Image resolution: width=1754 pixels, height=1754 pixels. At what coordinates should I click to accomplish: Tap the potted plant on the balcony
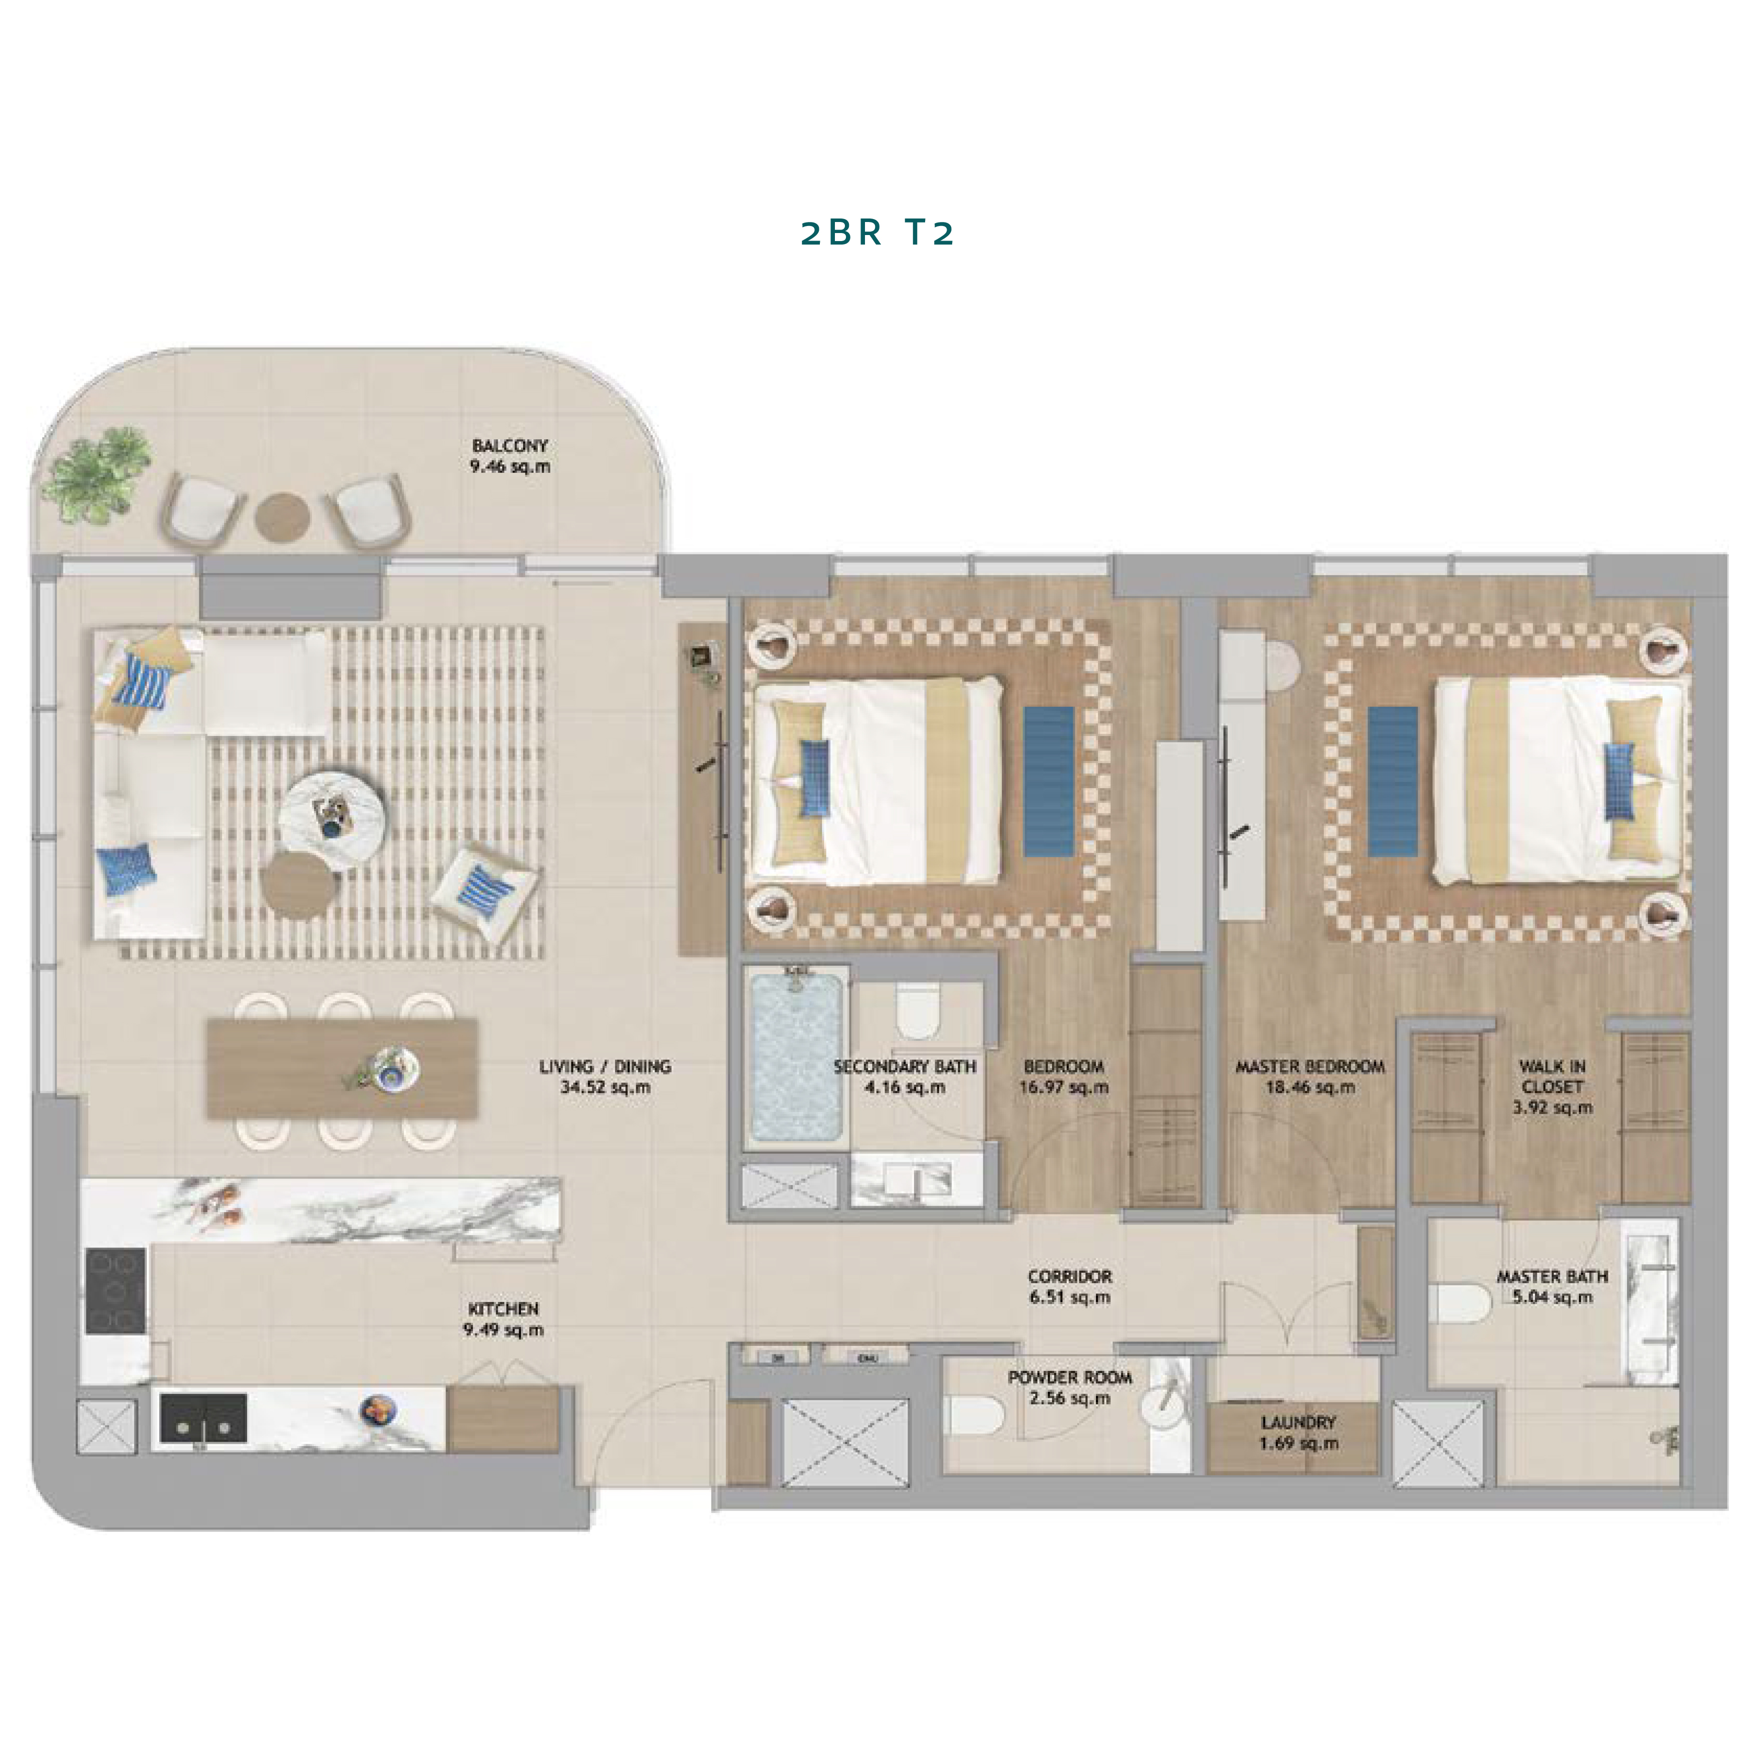click(94, 474)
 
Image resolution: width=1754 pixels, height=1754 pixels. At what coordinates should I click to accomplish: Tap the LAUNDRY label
click(1298, 1423)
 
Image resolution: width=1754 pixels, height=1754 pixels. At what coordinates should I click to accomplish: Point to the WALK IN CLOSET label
click(1553, 1077)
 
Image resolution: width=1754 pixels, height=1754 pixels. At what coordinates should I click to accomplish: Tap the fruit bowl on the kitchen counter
click(378, 1410)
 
